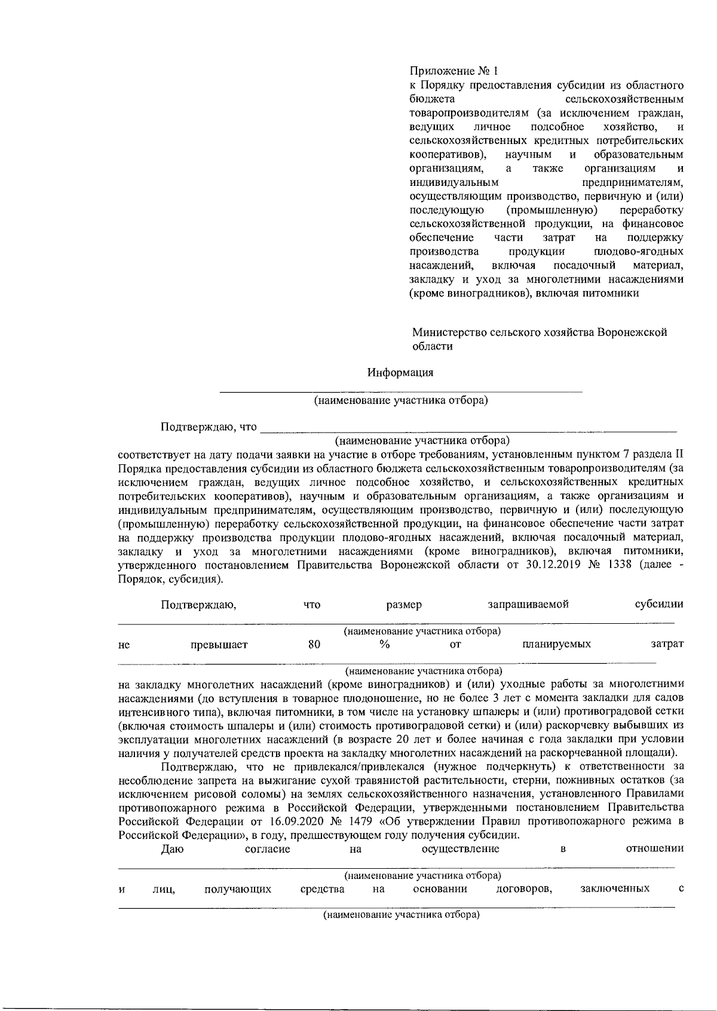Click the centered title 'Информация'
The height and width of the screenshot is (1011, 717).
pyautogui.click(x=400, y=373)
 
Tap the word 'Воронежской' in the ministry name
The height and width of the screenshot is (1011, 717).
pyautogui.click(x=632, y=332)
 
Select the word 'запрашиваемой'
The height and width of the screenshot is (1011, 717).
pyautogui.click(x=528, y=604)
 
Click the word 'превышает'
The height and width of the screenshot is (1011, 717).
pyautogui.click(x=219, y=644)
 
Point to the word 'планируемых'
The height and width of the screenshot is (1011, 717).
pyautogui.click(x=556, y=644)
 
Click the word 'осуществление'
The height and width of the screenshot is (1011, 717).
pyautogui.click(x=460, y=849)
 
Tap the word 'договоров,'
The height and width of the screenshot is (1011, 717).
pyautogui.click(x=524, y=889)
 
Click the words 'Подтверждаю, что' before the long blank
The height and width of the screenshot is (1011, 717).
pyautogui.click(x=209, y=427)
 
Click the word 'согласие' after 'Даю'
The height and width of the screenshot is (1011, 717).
pyautogui.click(x=268, y=849)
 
